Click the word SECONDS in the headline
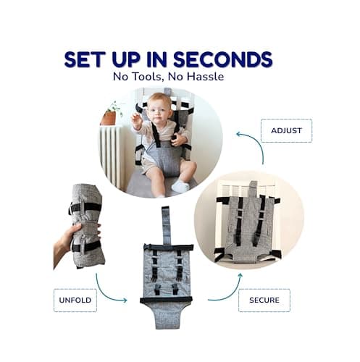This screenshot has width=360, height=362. click(x=223, y=59)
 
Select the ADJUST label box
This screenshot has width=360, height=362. click(x=286, y=130)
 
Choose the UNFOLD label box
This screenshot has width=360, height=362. click(x=75, y=300)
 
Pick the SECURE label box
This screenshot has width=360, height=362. click(x=264, y=300)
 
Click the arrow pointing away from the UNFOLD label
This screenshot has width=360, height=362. click(x=105, y=293)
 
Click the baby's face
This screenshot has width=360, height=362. click(x=157, y=109)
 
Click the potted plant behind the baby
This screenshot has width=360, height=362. click(x=111, y=114)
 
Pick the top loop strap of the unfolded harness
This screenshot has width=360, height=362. click(x=167, y=225)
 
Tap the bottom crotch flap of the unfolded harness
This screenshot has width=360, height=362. click(x=167, y=316)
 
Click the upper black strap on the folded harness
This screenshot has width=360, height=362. click(x=85, y=207)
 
